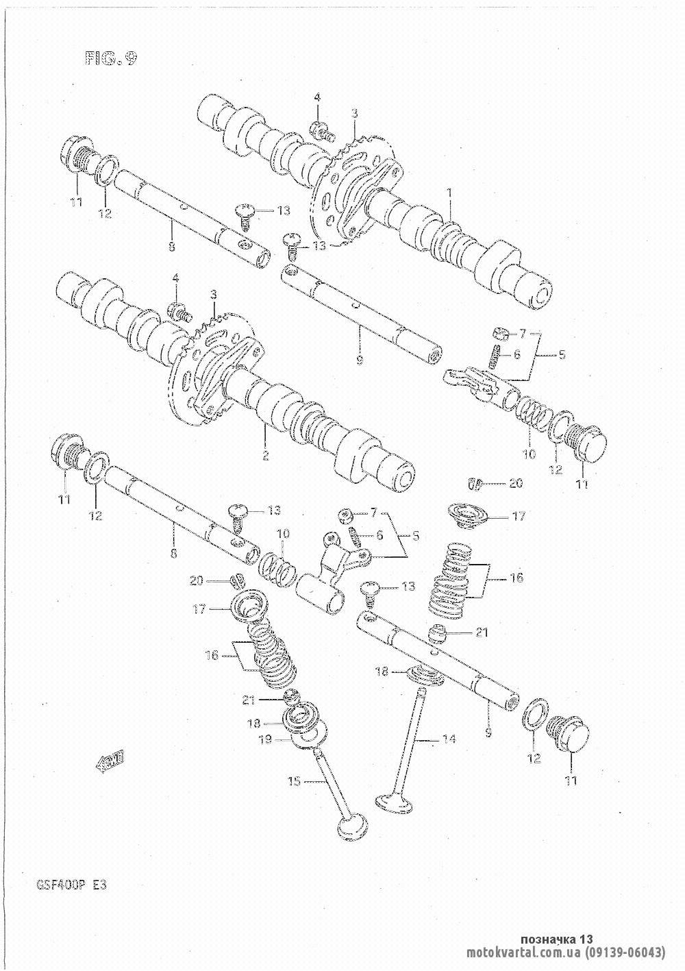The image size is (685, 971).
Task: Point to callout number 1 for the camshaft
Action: point(450,192)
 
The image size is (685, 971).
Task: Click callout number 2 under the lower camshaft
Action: point(266,455)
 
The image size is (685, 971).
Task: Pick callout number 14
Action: point(449,736)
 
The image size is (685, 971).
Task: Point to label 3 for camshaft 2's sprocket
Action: point(214,295)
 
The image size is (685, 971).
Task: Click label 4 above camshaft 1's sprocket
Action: point(317,97)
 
